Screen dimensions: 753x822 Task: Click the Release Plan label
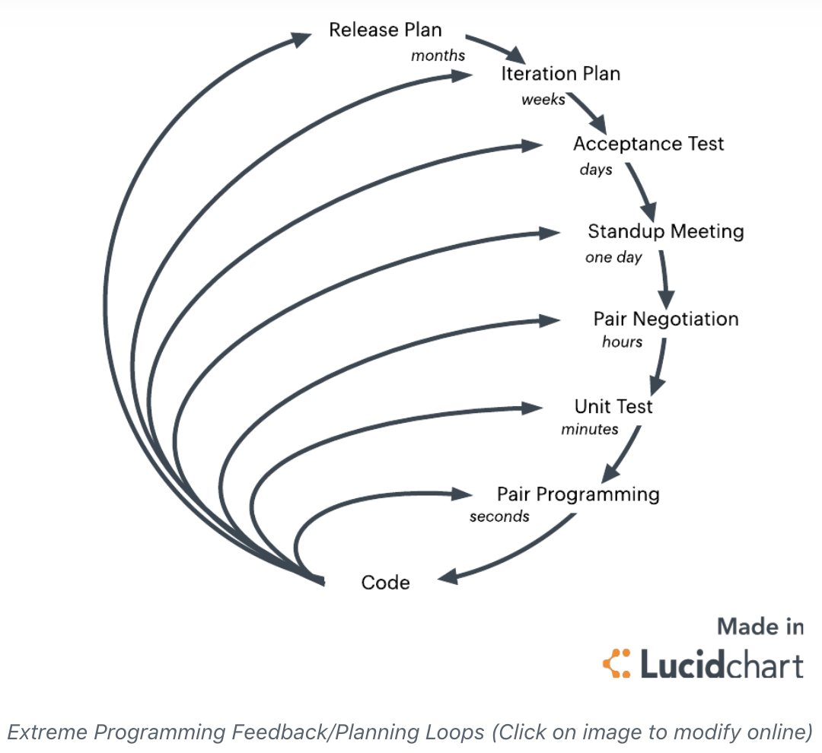click(385, 30)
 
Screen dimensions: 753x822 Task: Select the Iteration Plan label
click(560, 74)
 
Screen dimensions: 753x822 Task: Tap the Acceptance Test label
click(648, 144)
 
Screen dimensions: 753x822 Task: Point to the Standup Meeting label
click(665, 231)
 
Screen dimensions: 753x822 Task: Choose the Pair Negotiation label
click(666, 319)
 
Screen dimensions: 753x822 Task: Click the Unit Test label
click(613, 406)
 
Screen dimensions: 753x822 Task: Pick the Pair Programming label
click(578, 494)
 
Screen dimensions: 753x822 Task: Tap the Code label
click(385, 583)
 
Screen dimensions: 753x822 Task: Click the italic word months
click(438, 56)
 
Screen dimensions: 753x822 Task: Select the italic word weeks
click(543, 100)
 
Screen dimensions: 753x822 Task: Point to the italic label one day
click(613, 257)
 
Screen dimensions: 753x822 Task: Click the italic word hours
click(622, 342)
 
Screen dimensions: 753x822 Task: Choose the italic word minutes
click(590, 429)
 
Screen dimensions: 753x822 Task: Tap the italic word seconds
click(499, 516)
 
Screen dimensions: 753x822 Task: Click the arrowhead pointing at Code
click(449, 576)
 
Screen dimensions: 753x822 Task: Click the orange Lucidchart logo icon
click(616, 664)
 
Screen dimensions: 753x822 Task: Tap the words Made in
click(760, 627)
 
